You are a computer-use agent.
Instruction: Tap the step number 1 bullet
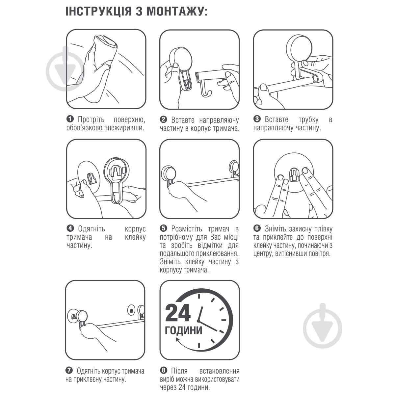pyautogui.click(x=70, y=119)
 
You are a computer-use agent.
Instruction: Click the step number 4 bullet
pyautogui.click(x=70, y=228)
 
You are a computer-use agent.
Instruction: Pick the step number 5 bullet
pyautogui.click(x=163, y=228)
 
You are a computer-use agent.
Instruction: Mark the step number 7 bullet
pyautogui.click(x=70, y=371)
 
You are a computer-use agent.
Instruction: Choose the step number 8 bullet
pyautogui.click(x=163, y=371)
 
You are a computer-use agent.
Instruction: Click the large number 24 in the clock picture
pyautogui.click(x=178, y=313)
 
